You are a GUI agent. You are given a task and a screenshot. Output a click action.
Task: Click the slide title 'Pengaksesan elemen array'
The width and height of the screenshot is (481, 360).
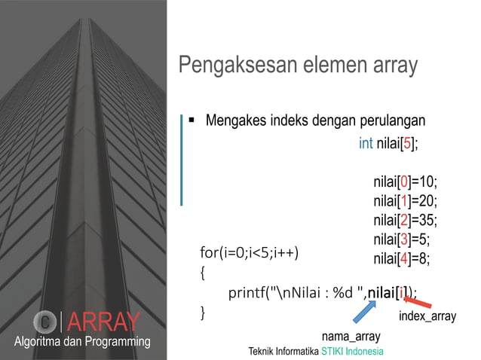coord(298,66)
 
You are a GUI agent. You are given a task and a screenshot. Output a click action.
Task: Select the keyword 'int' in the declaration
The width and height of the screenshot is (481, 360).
coord(366,143)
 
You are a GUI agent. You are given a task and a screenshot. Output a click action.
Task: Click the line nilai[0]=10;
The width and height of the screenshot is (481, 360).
coord(405,182)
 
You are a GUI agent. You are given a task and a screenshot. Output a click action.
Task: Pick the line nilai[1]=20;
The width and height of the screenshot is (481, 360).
coord(405,201)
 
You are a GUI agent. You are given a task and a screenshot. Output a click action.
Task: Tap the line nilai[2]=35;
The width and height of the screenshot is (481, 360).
coord(405,220)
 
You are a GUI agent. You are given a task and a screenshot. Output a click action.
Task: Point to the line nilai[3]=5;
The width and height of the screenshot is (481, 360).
coord(402,239)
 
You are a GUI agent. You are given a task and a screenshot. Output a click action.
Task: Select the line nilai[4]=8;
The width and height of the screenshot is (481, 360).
coord(402,258)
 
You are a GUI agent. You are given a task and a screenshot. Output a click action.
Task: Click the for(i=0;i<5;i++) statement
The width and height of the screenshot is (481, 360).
coord(249,252)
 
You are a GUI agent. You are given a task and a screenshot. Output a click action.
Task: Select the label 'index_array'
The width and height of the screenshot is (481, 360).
coord(427,316)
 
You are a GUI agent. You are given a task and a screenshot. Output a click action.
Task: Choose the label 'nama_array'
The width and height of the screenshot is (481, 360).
coord(351,335)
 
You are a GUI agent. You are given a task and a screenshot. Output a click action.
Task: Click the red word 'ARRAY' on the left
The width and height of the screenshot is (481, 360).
coord(103,322)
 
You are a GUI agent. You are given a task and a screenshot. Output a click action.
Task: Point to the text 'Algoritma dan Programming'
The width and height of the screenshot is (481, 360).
coord(82,342)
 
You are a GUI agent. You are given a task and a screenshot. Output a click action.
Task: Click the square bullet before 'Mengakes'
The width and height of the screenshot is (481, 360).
coord(192,120)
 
